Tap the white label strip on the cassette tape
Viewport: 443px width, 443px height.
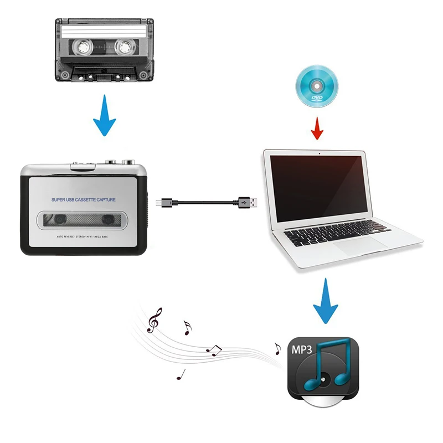(104, 32)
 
